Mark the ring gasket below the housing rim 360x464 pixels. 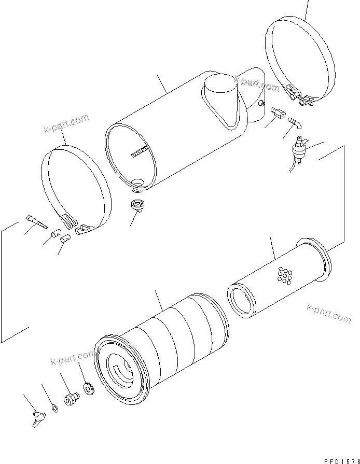[x=138, y=205]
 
